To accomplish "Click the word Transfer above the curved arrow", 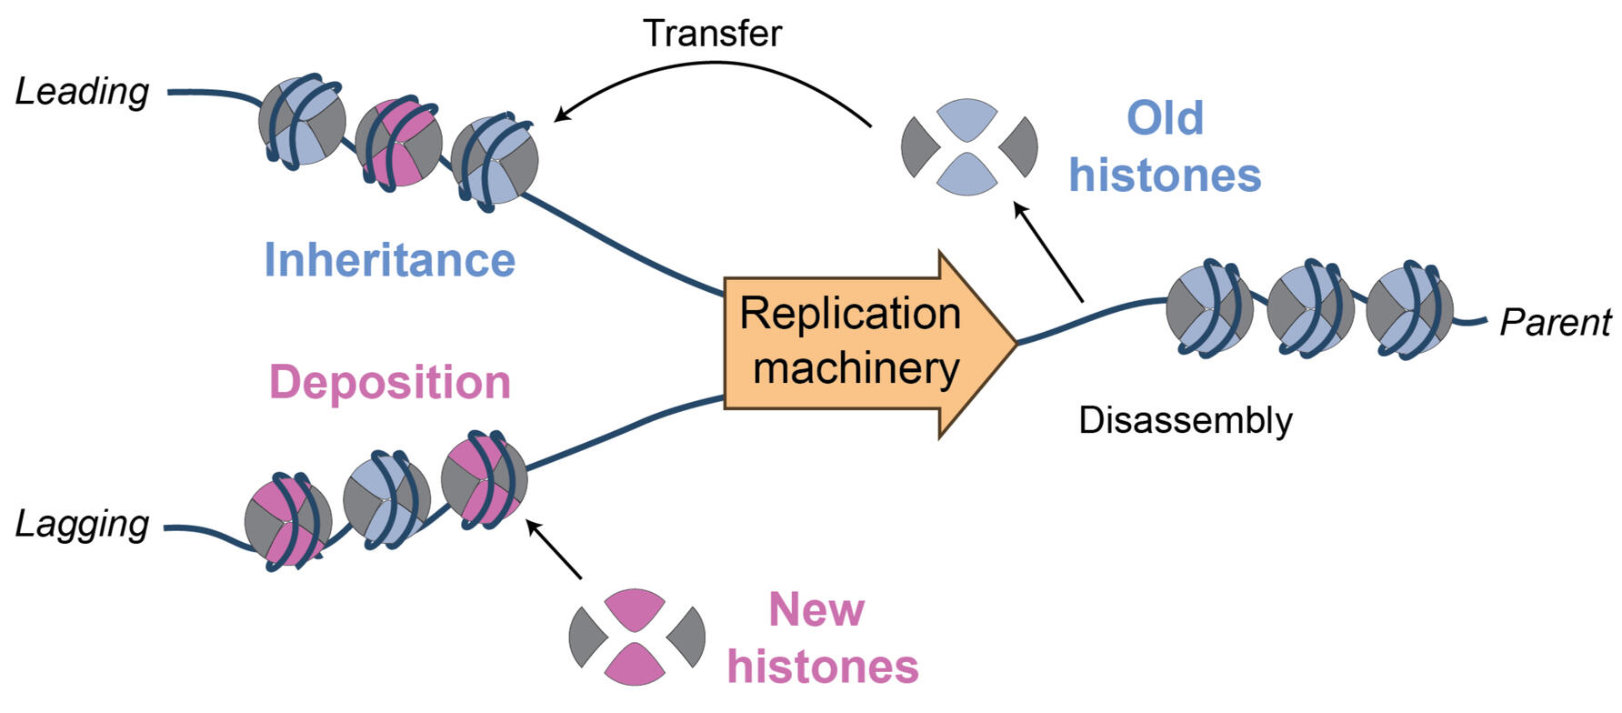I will click(x=712, y=34).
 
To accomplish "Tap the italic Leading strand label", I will click(x=82, y=91).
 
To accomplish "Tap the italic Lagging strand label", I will click(x=82, y=524).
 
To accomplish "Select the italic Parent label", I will click(x=1555, y=322).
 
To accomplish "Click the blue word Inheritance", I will click(x=389, y=260).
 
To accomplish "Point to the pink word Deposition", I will click(x=389, y=382).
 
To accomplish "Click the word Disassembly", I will click(x=1185, y=420).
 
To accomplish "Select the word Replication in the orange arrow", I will click(x=849, y=314).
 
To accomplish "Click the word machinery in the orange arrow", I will click(x=856, y=368).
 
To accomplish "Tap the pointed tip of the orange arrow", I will click(x=1013, y=344).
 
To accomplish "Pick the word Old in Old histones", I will click(x=1165, y=118).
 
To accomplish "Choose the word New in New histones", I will click(x=816, y=609).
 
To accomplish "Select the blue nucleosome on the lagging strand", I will click(x=386, y=499).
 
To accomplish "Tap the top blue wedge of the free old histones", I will click(x=967, y=116).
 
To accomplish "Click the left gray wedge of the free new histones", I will click(x=586, y=637).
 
